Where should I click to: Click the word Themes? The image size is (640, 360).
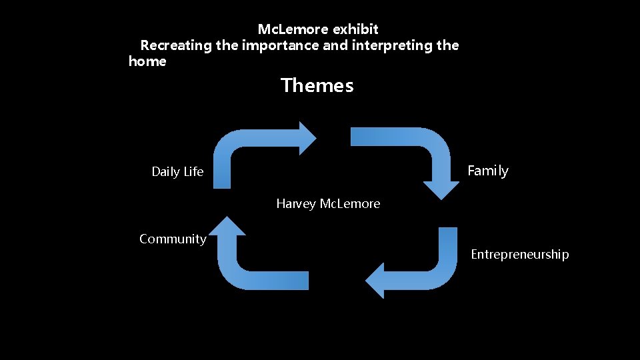(x=317, y=86)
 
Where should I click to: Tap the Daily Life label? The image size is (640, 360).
(x=177, y=172)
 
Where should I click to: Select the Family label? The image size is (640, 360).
(x=487, y=171)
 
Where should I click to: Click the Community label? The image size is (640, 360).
(x=173, y=239)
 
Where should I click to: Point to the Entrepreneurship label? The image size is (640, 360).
(x=520, y=255)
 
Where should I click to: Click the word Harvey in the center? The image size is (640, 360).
(x=296, y=204)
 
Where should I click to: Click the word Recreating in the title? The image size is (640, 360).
(x=176, y=46)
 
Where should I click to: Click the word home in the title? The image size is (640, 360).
(x=147, y=62)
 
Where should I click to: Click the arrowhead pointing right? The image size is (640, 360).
(x=308, y=138)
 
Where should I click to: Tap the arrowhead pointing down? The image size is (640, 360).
(x=441, y=187)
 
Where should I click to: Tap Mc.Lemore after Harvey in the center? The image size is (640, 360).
(x=350, y=204)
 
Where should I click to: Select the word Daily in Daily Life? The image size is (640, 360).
(x=165, y=172)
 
